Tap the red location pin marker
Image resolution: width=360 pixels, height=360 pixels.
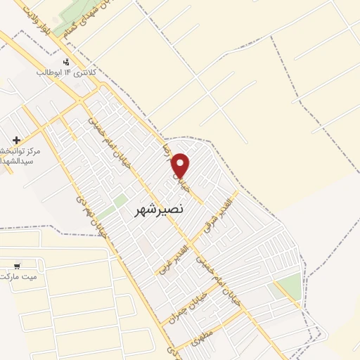pos(181,166)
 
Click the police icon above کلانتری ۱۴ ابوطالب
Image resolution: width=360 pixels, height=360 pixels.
pos(66,62)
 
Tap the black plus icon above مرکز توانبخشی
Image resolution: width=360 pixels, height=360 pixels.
pos(16,140)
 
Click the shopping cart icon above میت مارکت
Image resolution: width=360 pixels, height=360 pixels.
pos(16,266)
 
